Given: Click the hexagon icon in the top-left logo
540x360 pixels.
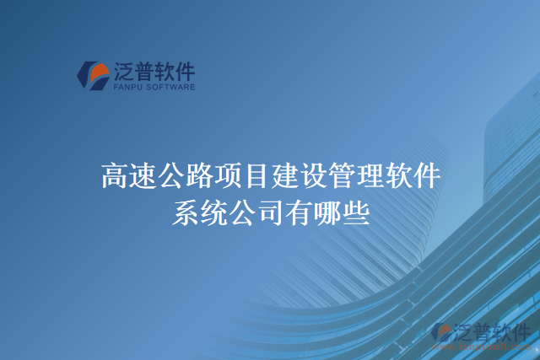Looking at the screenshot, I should coord(92,75).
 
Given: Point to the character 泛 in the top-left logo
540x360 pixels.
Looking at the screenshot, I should coord(122,69).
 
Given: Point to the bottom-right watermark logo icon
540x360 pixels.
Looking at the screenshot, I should coord(441,334).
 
